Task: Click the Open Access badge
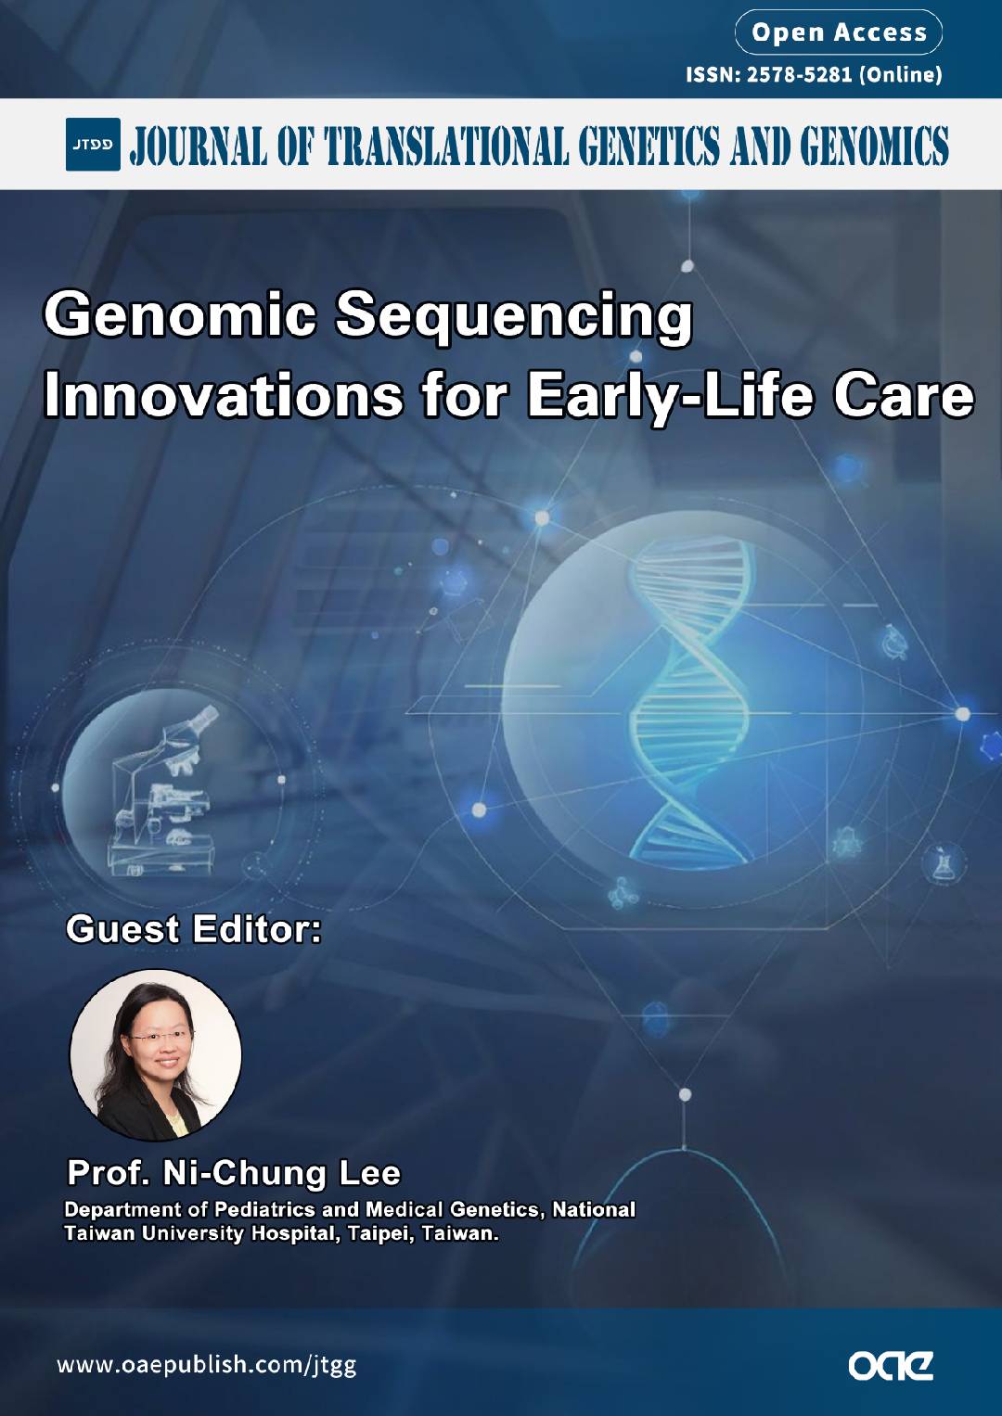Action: click(x=838, y=32)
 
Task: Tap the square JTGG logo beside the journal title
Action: click(x=93, y=144)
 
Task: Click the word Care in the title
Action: click(x=904, y=396)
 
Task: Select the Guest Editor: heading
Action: click(x=194, y=930)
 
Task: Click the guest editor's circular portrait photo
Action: click(x=156, y=1055)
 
